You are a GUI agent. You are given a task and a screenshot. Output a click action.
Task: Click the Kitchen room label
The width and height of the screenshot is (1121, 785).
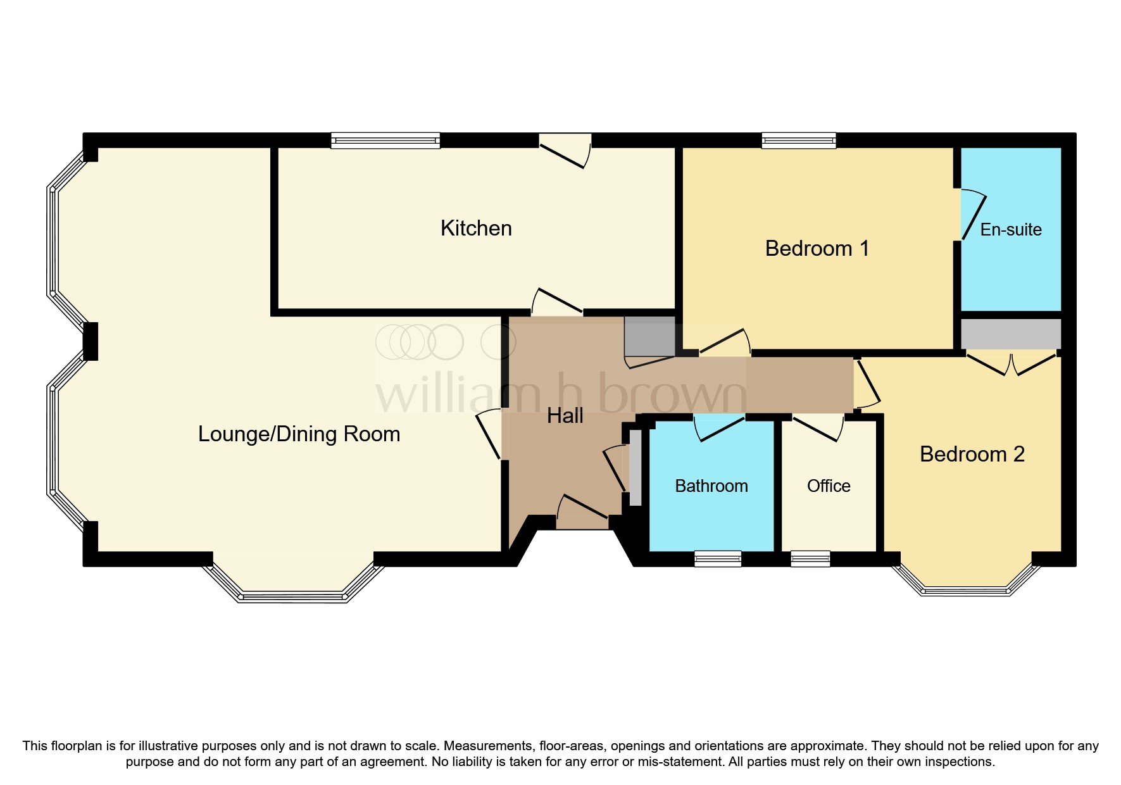(x=476, y=229)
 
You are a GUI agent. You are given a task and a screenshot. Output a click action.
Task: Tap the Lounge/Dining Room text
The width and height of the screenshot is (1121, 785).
(x=299, y=434)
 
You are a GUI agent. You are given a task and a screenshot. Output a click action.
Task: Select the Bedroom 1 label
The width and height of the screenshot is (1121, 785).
(x=817, y=248)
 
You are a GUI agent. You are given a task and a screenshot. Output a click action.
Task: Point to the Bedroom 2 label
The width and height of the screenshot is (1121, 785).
(x=972, y=455)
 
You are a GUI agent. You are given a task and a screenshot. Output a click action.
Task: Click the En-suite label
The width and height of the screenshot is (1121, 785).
(x=1011, y=230)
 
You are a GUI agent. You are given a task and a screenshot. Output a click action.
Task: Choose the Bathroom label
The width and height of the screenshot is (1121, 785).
(x=711, y=486)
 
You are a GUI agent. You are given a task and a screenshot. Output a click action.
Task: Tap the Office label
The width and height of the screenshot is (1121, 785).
(x=829, y=486)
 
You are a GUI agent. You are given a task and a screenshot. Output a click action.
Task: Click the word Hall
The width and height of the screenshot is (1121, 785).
(x=565, y=416)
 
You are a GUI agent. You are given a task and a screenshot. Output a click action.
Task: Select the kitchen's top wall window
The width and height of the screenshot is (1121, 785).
(x=385, y=140)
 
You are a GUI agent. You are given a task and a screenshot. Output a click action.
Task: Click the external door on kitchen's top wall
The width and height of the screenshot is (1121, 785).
(x=565, y=151)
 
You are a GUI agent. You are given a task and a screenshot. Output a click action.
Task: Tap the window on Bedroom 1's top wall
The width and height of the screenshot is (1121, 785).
(x=798, y=140)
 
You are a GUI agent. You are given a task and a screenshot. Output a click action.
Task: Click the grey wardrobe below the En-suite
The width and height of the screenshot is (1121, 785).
(x=1011, y=334)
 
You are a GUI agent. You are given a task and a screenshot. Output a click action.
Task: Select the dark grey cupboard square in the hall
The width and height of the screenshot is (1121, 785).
(x=649, y=336)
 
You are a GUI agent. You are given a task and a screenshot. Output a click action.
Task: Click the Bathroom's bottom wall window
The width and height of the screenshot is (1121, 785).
(x=717, y=558)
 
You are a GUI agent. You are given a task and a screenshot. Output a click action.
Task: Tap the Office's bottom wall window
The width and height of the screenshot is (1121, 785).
(x=810, y=558)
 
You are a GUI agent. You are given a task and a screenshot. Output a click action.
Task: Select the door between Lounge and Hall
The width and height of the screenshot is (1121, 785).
(x=489, y=434)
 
